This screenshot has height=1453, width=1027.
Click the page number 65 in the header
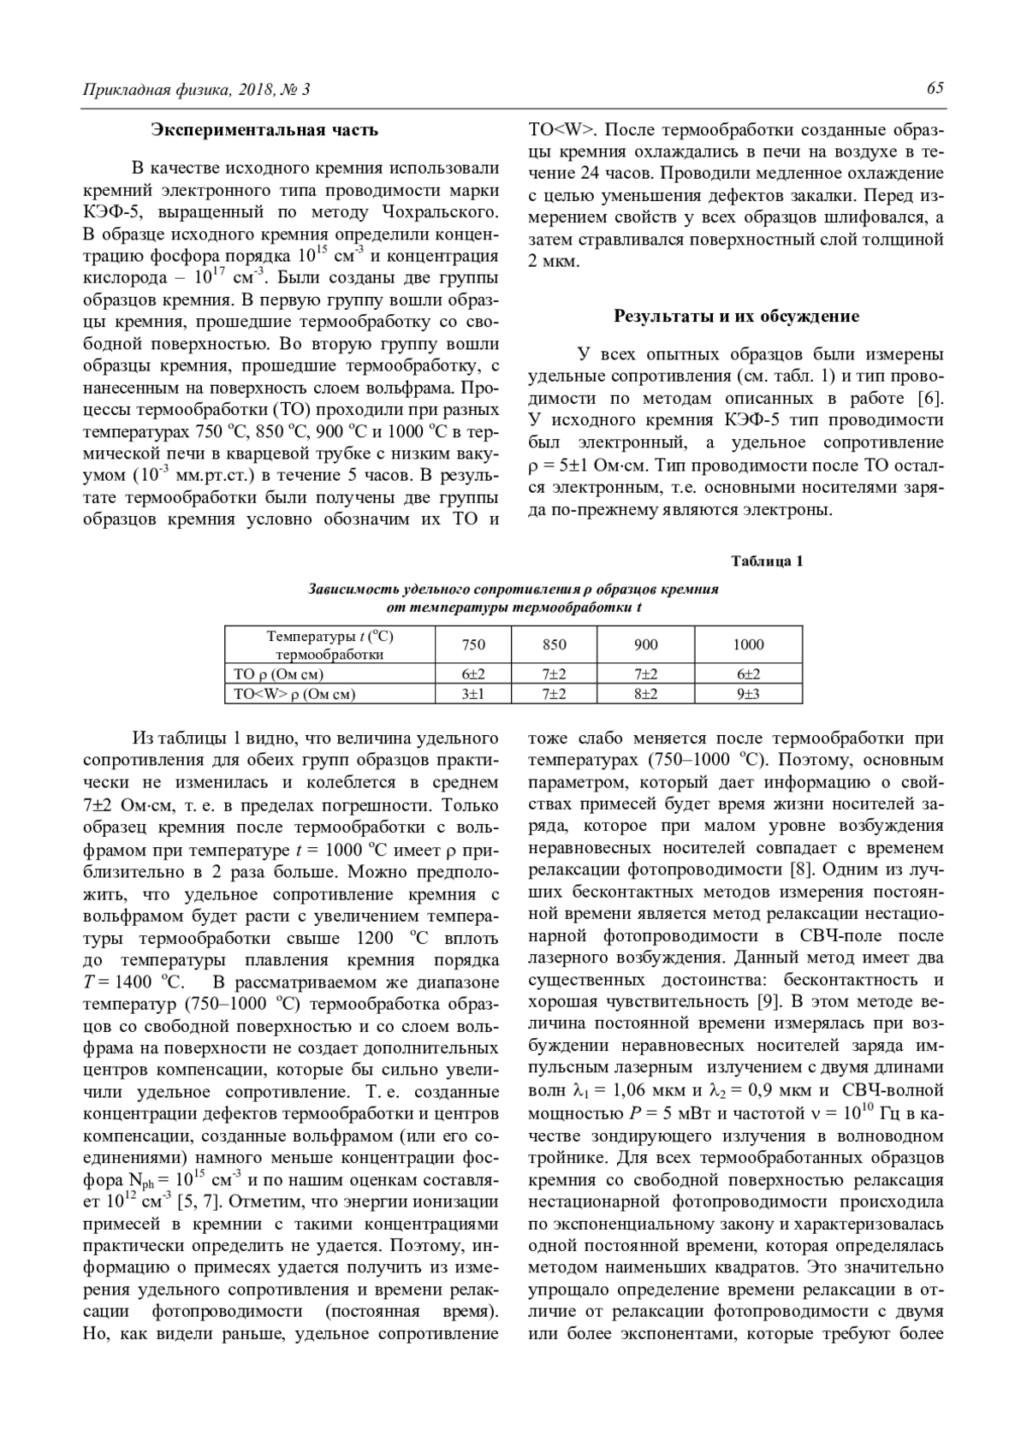pyautogui.click(x=935, y=89)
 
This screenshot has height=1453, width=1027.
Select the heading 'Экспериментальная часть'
pyautogui.click(x=264, y=130)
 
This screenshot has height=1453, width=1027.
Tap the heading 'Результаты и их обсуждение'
pyautogui.click(x=736, y=317)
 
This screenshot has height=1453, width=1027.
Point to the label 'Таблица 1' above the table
pyautogui.click(x=767, y=561)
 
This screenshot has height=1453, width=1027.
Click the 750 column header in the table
pyautogui.click(x=473, y=644)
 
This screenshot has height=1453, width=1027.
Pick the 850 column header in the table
pyautogui.click(x=555, y=644)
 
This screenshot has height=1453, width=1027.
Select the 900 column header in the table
pyautogui.click(x=646, y=644)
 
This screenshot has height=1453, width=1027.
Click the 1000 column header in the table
pyautogui.click(x=748, y=644)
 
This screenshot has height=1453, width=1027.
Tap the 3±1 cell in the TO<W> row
pyautogui.click(x=473, y=694)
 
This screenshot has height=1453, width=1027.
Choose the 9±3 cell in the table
pyautogui.click(x=748, y=694)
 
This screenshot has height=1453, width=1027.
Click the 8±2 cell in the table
pyautogui.click(x=646, y=694)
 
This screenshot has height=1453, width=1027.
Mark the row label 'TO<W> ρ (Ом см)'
pyautogui.click(x=295, y=694)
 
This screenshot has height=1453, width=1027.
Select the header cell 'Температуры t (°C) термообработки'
pyautogui.click(x=330, y=645)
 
